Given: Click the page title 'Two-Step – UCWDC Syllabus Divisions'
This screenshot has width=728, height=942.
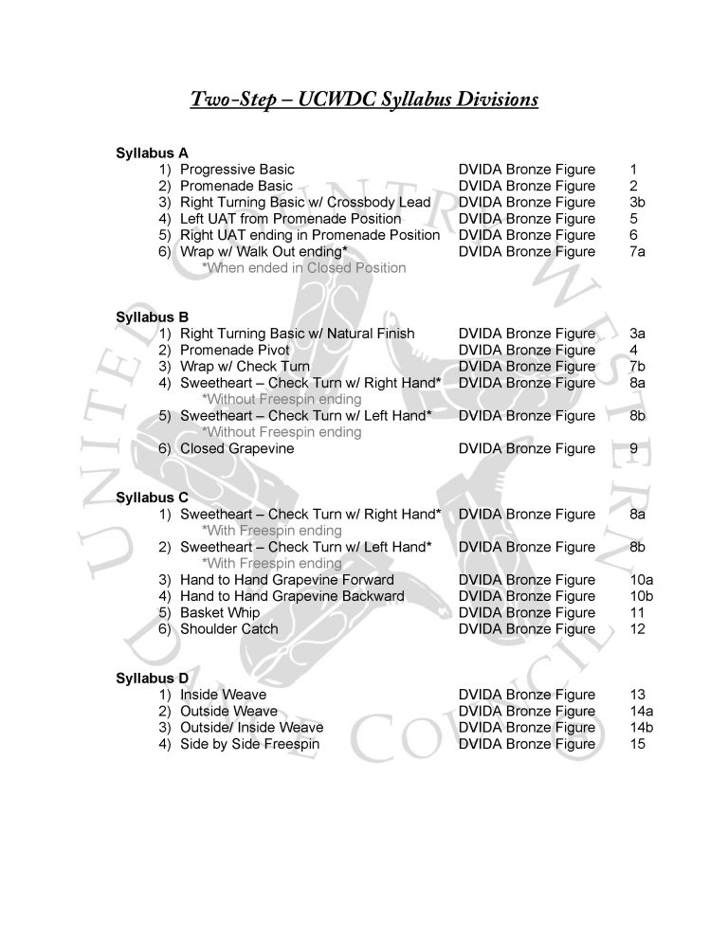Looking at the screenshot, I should [365, 99].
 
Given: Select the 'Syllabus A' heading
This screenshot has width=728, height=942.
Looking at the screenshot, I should [152, 153].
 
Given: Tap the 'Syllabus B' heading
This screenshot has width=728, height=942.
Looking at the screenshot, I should [152, 317].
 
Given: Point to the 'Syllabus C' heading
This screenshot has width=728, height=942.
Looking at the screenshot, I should [152, 497].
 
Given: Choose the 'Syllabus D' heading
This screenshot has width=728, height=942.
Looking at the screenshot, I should [152, 678].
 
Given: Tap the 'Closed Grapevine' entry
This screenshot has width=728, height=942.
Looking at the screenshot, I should [237, 448].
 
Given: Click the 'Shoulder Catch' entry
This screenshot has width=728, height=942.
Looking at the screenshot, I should [229, 628].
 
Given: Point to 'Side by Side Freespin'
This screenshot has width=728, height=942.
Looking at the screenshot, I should [249, 744].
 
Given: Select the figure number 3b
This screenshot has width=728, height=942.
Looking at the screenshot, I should [638, 202].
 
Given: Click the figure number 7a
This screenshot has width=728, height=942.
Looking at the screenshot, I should [638, 251].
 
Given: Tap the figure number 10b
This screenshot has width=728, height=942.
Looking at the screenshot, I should [641, 596].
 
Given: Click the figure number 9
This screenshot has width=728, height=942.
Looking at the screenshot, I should [633, 448].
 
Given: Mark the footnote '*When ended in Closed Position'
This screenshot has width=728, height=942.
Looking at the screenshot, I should [304, 268].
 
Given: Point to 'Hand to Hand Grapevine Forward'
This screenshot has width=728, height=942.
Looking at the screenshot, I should [287, 579].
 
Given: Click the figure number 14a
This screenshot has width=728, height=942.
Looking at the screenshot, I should [641, 711].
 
